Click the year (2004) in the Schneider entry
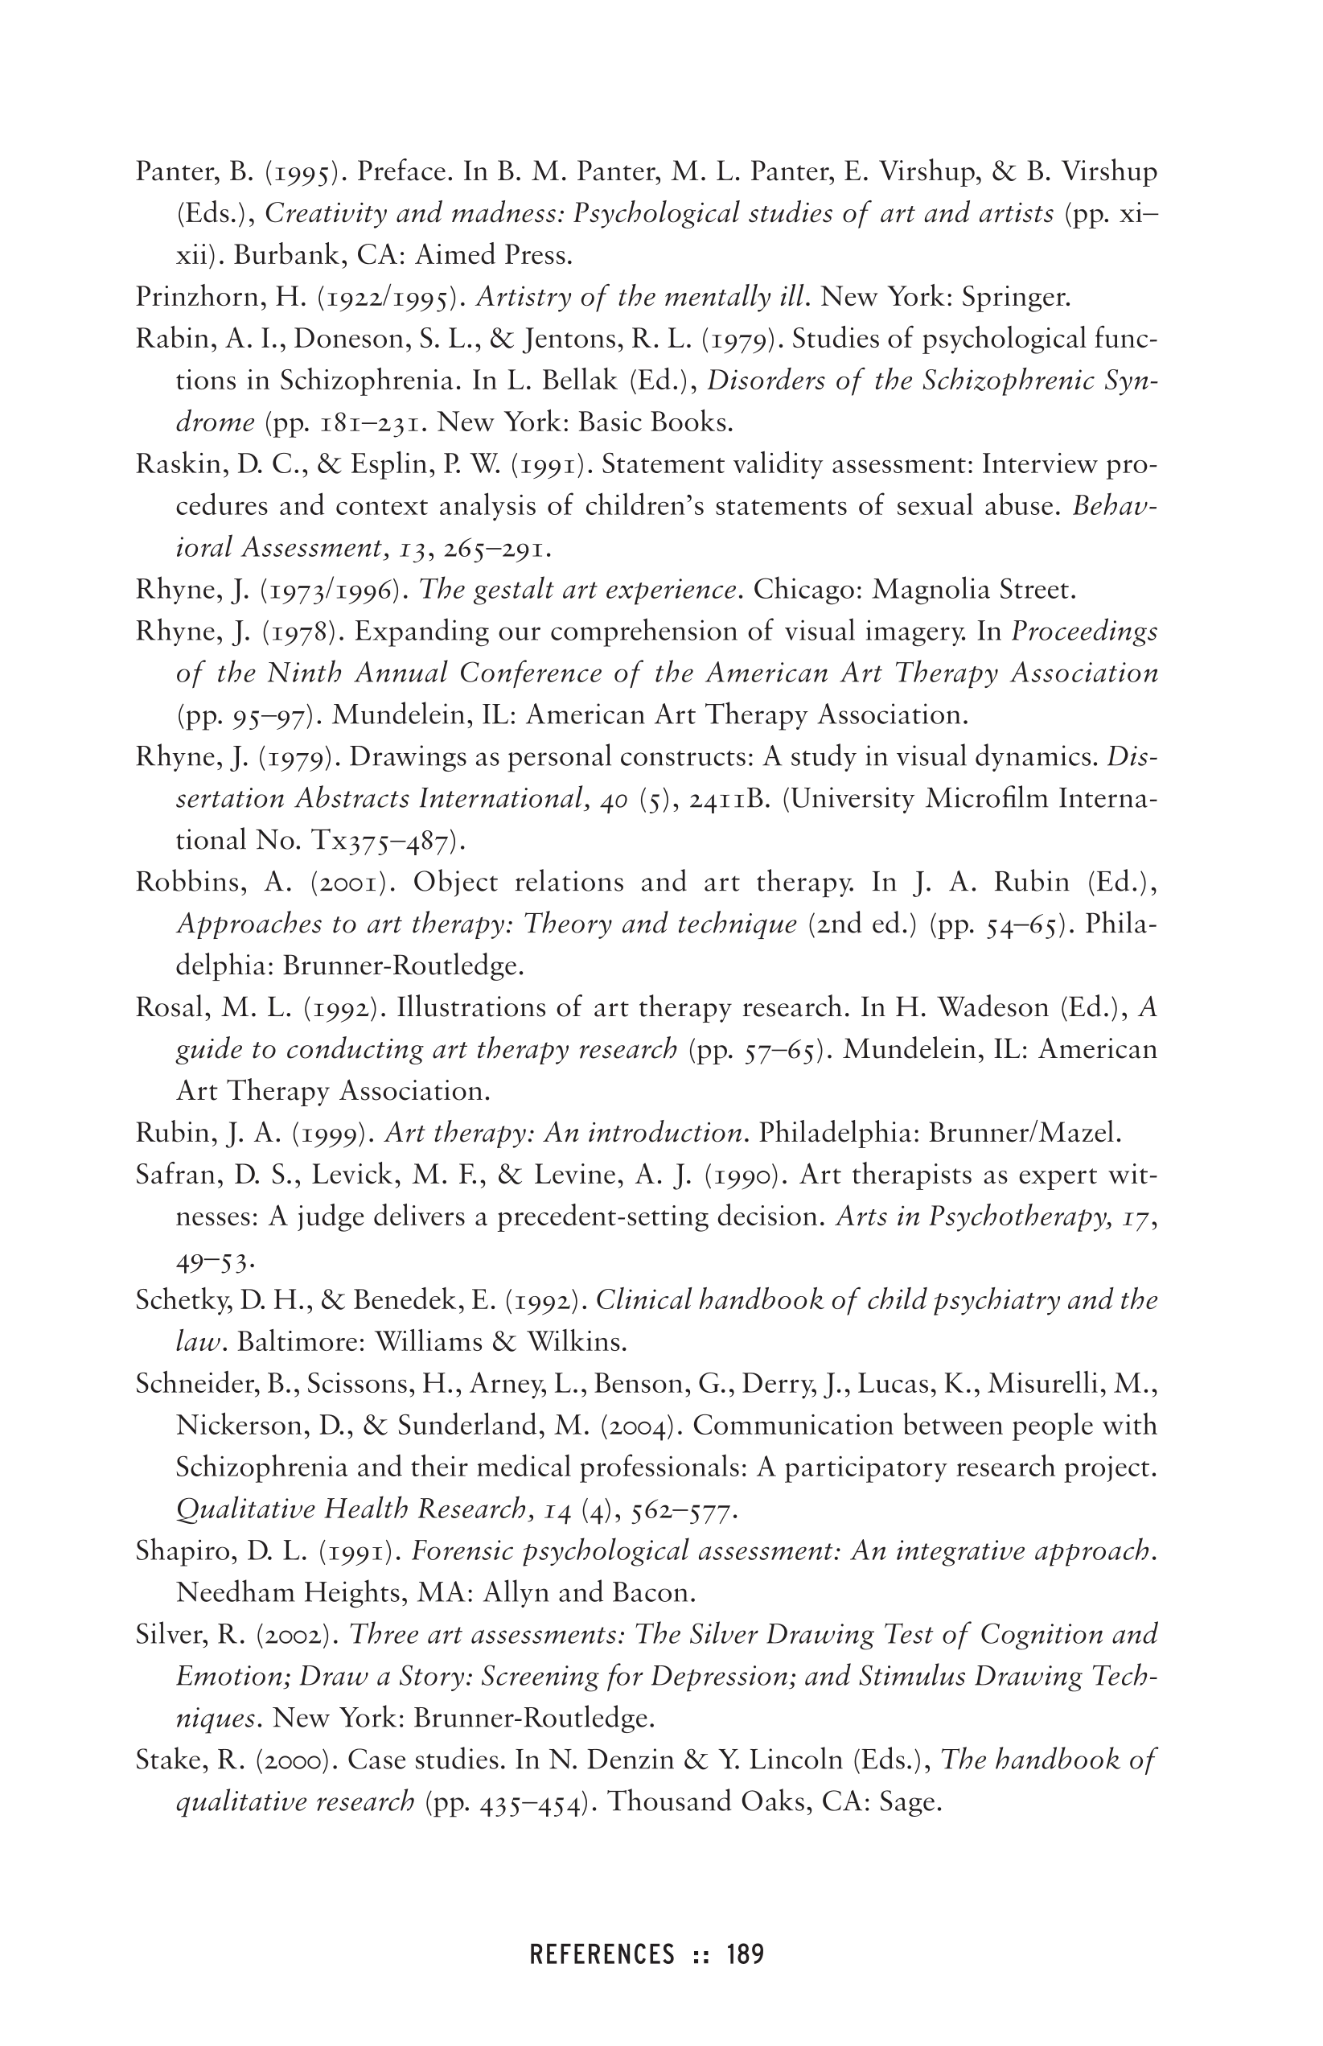click(641, 1426)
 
